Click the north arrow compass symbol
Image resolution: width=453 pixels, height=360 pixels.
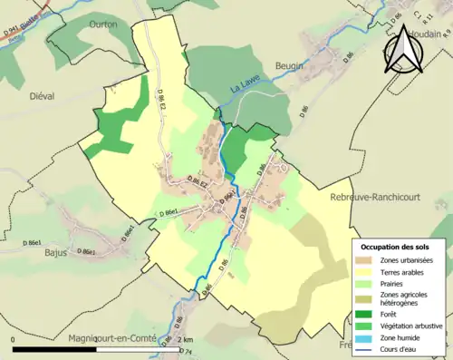[405, 51]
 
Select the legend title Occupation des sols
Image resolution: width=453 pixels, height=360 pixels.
[397, 247]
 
